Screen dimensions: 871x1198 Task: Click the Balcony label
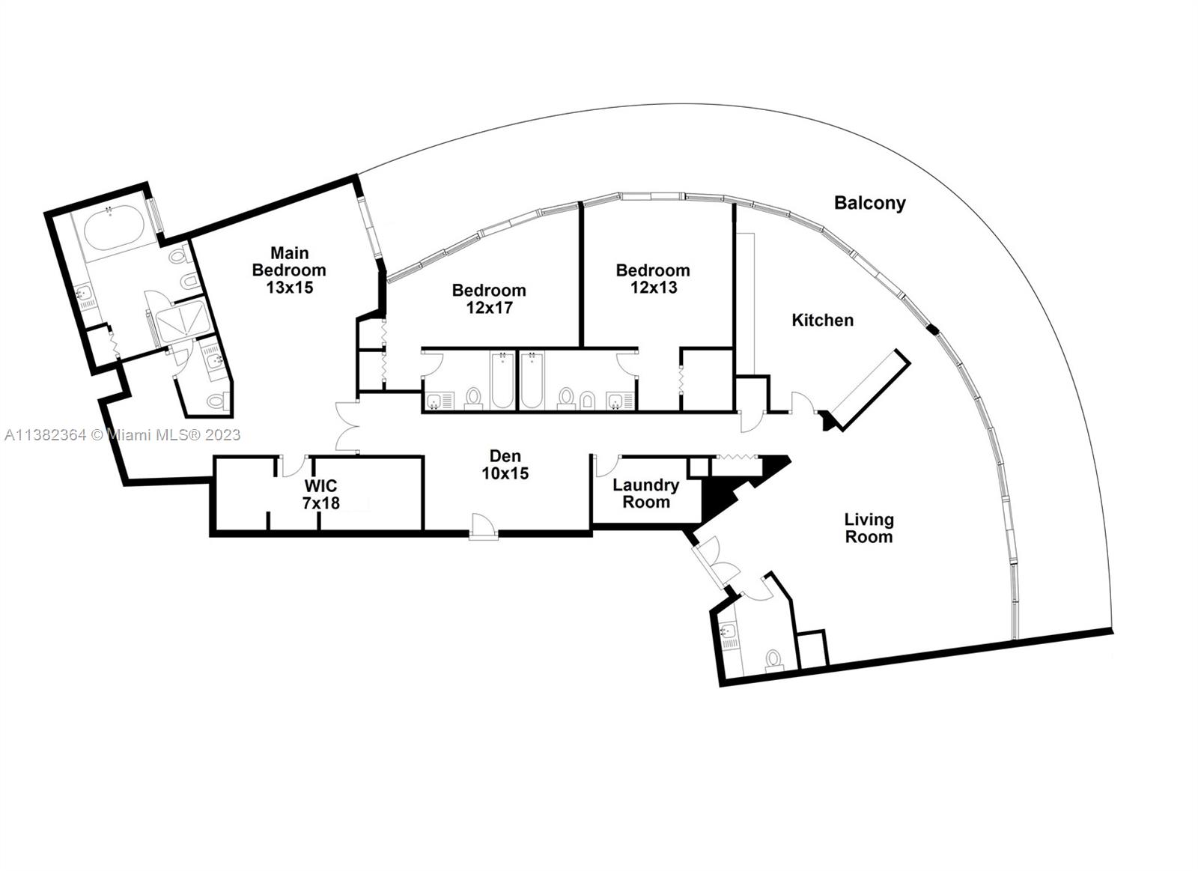tap(869, 203)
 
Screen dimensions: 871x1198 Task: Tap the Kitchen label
tap(822, 321)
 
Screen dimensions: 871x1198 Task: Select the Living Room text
tap(869, 528)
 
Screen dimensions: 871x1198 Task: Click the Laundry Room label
tap(645, 494)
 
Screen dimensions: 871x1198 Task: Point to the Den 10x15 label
tap(505, 465)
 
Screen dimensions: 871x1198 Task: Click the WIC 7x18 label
tap(320, 495)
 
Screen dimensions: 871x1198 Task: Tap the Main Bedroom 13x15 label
tap(289, 270)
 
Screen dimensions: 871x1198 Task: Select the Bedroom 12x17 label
tap(489, 299)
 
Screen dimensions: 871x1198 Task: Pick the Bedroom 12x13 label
tap(653, 279)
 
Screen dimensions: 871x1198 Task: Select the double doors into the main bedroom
tap(347, 428)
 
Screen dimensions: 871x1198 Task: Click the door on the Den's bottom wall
tap(484, 526)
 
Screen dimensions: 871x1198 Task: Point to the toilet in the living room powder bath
tap(773, 659)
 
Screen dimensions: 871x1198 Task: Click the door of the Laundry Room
tap(606, 465)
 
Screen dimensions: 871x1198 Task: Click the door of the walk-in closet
tap(293, 466)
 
